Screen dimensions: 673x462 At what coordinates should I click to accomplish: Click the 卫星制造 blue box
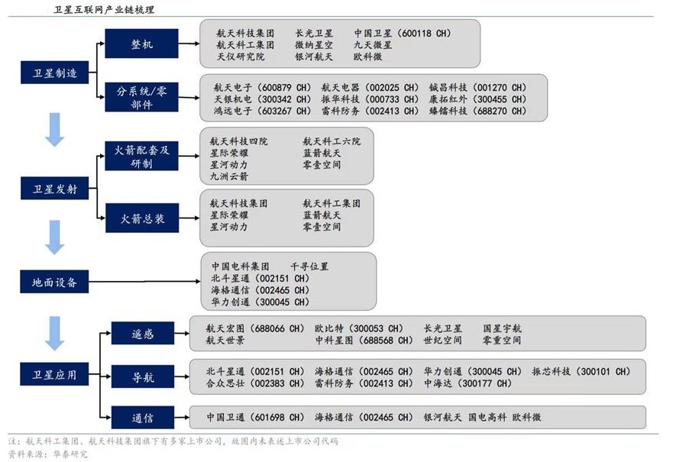(x=54, y=73)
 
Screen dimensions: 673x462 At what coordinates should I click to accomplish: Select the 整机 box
(x=141, y=44)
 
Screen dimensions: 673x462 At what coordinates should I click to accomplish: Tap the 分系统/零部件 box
(x=141, y=98)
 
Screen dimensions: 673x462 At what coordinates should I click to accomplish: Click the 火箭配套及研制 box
(x=141, y=156)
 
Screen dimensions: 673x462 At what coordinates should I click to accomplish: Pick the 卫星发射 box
(x=54, y=189)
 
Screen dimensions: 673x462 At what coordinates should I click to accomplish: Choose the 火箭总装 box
(x=142, y=218)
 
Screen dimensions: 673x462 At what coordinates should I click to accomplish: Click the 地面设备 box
(x=54, y=282)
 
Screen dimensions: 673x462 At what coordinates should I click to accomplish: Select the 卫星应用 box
(x=54, y=374)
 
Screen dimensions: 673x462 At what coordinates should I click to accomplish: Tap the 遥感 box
(x=143, y=333)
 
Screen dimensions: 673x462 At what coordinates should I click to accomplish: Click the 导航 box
(x=143, y=376)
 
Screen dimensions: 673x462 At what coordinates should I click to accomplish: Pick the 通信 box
(x=143, y=418)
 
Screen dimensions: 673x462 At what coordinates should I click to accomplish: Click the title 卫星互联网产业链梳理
(x=104, y=9)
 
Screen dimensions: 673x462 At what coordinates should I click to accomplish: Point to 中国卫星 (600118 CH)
(x=403, y=33)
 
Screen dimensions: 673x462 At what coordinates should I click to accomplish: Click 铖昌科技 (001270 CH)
(x=477, y=88)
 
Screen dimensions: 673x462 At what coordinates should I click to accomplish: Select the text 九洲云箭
(x=228, y=176)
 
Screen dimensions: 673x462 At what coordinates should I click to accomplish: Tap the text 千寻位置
(x=309, y=267)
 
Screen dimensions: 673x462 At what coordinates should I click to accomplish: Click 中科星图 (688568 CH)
(x=364, y=340)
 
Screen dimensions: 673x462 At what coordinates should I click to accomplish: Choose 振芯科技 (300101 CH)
(x=581, y=371)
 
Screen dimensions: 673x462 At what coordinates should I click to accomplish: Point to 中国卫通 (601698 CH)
(x=255, y=417)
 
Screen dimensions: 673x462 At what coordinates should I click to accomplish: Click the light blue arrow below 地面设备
(x=54, y=333)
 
